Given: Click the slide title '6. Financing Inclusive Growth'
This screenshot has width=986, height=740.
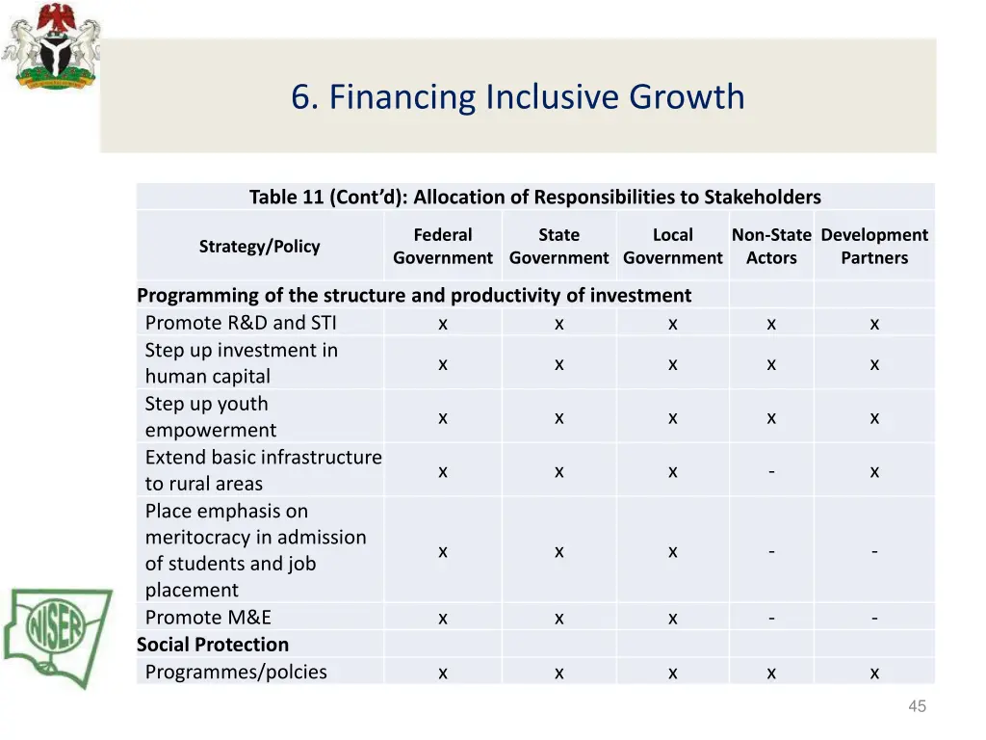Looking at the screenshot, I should pyautogui.click(x=518, y=97).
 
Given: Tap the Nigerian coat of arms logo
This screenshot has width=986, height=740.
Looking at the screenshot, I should pyautogui.click(x=50, y=47).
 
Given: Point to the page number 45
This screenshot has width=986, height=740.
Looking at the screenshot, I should pyautogui.click(x=917, y=706).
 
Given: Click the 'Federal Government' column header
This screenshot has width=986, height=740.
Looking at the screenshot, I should pyautogui.click(x=442, y=247).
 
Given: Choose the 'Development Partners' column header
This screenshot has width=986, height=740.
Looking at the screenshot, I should pyautogui.click(x=873, y=247).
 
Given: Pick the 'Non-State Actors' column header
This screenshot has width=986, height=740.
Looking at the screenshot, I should pyautogui.click(x=771, y=247).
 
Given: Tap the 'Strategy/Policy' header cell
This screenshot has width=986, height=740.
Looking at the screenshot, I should pyautogui.click(x=259, y=247).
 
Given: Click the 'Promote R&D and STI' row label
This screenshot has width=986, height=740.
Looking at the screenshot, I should pyautogui.click(x=241, y=323).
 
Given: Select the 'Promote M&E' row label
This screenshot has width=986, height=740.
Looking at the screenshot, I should pyautogui.click(x=208, y=618).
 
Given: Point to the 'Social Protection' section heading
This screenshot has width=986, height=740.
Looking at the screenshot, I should pyautogui.click(x=213, y=645).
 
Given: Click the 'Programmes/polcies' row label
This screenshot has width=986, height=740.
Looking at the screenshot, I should pyautogui.click(x=236, y=672).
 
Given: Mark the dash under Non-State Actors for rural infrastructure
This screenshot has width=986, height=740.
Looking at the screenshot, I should pyautogui.click(x=771, y=471).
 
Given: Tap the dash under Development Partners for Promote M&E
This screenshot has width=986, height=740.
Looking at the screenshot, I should pyautogui.click(x=873, y=618).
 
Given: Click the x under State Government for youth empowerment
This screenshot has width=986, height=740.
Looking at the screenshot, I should pyautogui.click(x=558, y=417).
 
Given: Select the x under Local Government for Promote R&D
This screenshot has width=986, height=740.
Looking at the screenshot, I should pyautogui.click(x=672, y=324).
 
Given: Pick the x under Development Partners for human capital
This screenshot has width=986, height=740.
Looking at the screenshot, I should pyautogui.click(x=873, y=364).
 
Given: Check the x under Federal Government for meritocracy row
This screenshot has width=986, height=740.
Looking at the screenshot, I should pyautogui.click(x=442, y=551).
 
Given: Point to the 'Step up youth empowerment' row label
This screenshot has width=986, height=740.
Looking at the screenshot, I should pyautogui.click(x=210, y=417).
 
